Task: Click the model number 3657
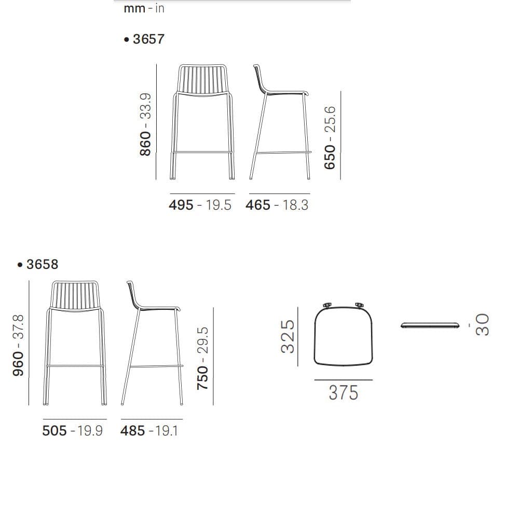(148, 39)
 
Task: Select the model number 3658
(42, 264)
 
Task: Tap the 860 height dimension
(145, 143)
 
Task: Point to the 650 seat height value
(330, 157)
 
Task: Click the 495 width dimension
(181, 205)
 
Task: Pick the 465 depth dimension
(258, 205)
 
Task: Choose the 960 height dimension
(18, 364)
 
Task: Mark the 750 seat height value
(202, 378)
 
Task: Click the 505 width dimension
(54, 431)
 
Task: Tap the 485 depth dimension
(133, 431)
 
